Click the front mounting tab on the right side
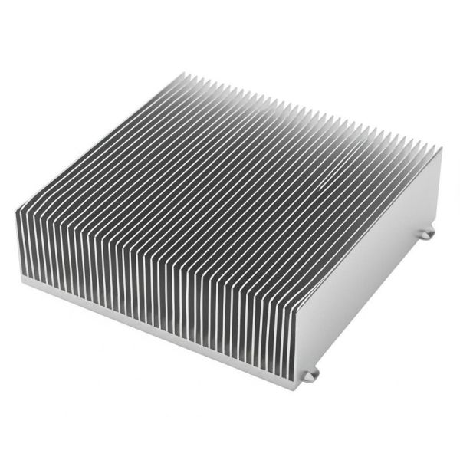310,375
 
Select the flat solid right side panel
368,261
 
